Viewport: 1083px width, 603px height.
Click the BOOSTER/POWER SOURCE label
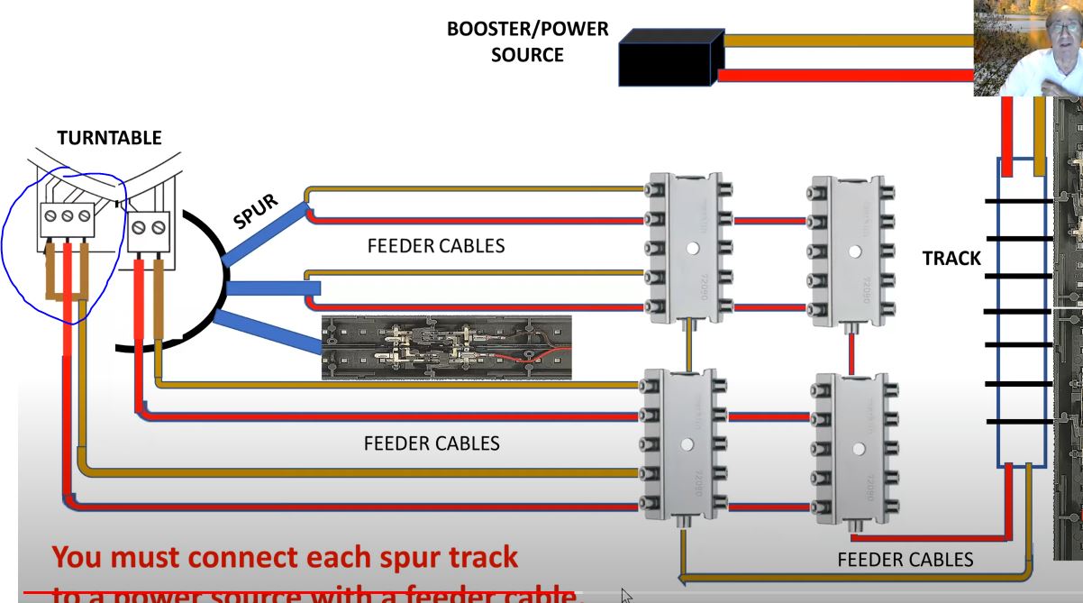click(x=527, y=42)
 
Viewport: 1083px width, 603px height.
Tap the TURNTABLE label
click(x=109, y=138)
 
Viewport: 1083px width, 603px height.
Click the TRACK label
click(x=951, y=259)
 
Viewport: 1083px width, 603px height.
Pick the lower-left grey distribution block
click(x=687, y=443)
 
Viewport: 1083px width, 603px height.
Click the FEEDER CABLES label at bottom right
click(x=905, y=560)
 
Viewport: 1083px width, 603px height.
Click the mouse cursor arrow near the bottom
click(x=627, y=596)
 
